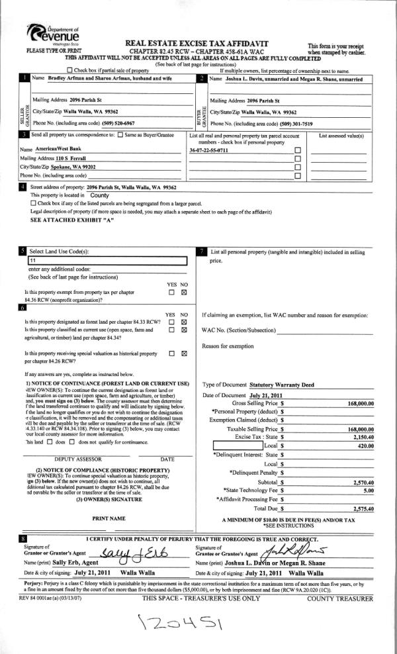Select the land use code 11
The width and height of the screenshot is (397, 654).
tap(32, 261)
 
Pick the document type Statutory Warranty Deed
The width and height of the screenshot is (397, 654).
tap(282, 385)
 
